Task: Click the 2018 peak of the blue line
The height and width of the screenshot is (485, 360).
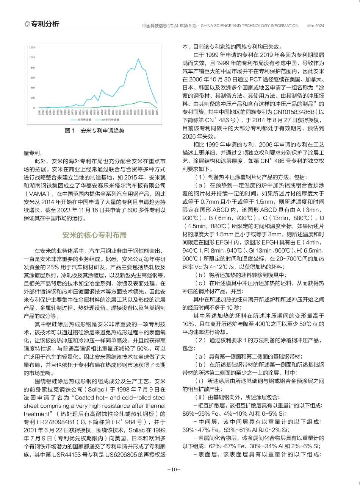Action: coord(138,59)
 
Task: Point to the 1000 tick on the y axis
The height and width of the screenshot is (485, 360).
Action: coord(32,58)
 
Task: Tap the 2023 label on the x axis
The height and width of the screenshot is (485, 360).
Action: coord(157,112)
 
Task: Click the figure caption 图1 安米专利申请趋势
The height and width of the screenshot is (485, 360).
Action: coord(95,131)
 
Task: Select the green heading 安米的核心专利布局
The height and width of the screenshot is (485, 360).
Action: coord(95,235)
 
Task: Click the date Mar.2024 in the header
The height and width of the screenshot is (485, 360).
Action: coord(316,26)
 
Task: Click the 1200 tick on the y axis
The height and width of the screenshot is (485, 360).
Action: coord(32,48)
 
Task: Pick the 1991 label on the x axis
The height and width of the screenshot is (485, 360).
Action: coord(39,112)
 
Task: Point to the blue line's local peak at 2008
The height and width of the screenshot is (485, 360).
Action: coord(102,90)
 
